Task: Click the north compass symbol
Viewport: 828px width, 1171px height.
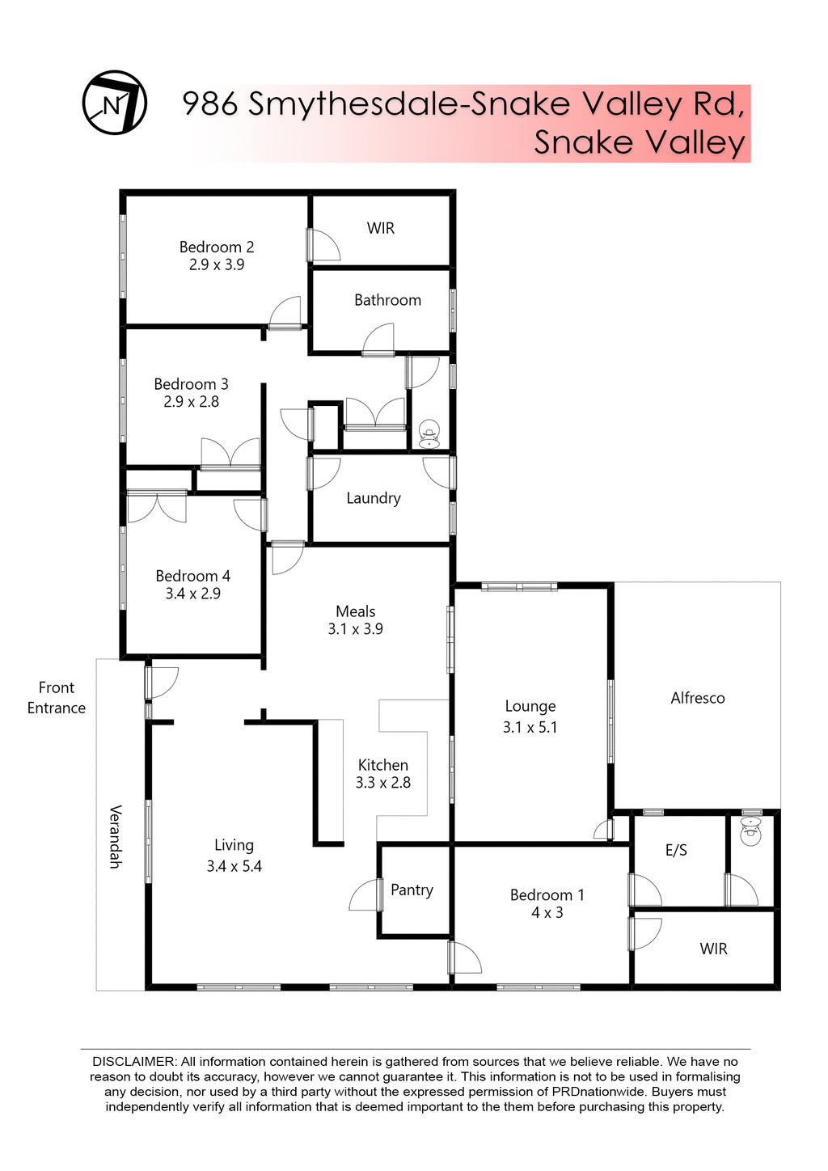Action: [x=115, y=103]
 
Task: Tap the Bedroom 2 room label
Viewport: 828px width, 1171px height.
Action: [x=217, y=247]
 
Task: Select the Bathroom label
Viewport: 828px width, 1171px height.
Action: [x=387, y=300]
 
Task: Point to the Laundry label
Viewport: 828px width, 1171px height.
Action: [x=374, y=498]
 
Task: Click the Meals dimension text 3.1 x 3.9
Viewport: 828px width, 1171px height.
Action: [x=356, y=629]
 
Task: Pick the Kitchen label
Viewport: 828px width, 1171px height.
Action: [x=383, y=765]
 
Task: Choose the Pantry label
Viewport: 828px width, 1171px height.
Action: [x=412, y=890]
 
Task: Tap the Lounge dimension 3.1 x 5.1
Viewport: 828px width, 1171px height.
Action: [x=530, y=727]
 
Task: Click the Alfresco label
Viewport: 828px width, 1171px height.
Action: [x=698, y=698]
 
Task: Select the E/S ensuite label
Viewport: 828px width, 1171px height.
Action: [x=676, y=850]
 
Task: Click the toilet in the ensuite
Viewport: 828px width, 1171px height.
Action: [x=751, y=832]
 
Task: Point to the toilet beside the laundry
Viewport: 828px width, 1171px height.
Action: [x=429, y=434]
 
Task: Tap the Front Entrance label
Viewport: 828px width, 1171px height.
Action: [x=57, y=698]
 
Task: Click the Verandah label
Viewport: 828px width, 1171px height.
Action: [x=116, y=836]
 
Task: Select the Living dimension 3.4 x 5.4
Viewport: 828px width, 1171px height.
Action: [x=234, y=866]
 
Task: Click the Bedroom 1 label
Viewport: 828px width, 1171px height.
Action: [x=547, y=895]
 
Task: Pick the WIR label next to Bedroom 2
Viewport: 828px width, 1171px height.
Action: [x=381, y=229]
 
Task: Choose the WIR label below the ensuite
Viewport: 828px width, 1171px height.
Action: [x=714, y=949]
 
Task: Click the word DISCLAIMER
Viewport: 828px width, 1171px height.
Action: [x=133, y=1061]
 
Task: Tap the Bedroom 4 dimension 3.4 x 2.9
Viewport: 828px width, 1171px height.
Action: [x=193, y=594]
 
